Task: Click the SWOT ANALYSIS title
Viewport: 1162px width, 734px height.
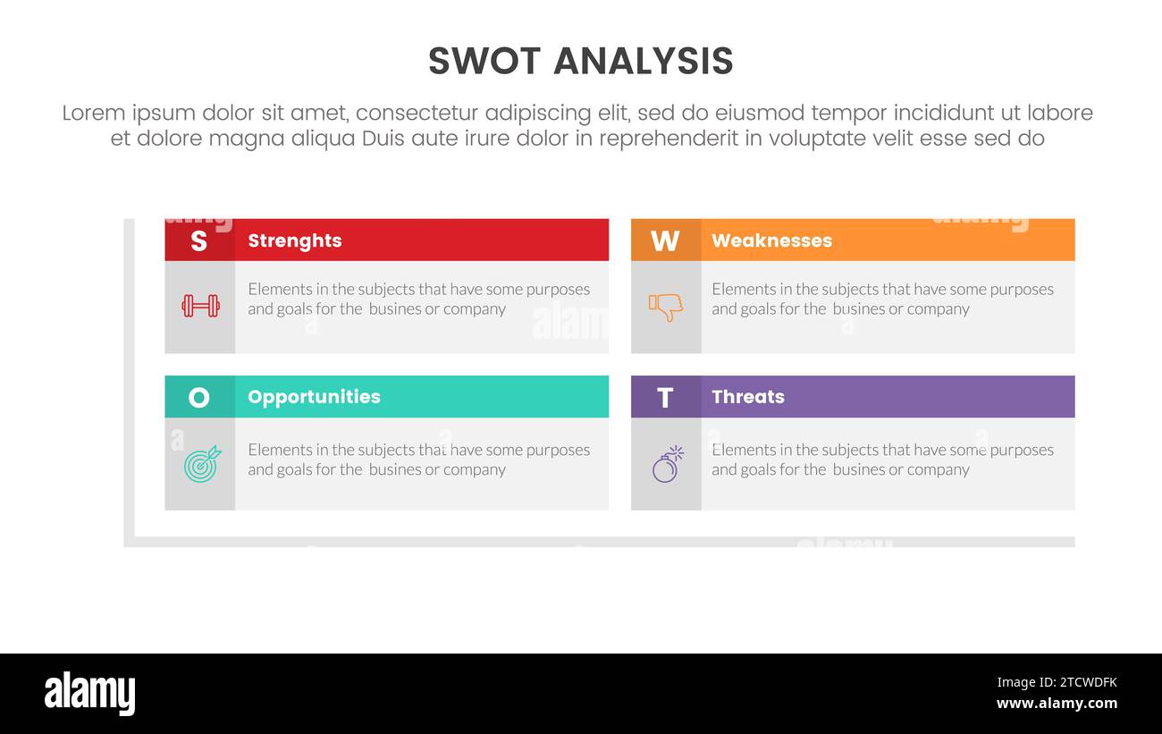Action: [580, 62]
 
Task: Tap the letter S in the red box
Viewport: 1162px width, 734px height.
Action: [198, 240]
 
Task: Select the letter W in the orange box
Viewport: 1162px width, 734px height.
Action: [664, 240]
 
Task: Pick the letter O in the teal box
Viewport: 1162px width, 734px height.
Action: [198, 397]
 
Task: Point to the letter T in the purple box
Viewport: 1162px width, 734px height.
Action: [664, 397]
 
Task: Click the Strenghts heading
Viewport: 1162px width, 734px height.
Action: [294, 240]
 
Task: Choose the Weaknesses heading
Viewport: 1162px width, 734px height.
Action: [770, 240]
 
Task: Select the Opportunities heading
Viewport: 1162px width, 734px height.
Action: [314, 397]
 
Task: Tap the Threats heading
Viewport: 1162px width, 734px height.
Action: [747, 397]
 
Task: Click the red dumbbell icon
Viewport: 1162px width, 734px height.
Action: [200, 306]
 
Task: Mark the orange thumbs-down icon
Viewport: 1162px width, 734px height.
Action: [665, 307]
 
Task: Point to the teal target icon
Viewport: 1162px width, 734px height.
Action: [201, 464]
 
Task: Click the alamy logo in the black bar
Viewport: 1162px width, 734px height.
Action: [89, 694]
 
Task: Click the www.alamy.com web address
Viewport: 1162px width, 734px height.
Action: [1057, 704]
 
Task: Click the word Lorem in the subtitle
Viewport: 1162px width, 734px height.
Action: [92, 114]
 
